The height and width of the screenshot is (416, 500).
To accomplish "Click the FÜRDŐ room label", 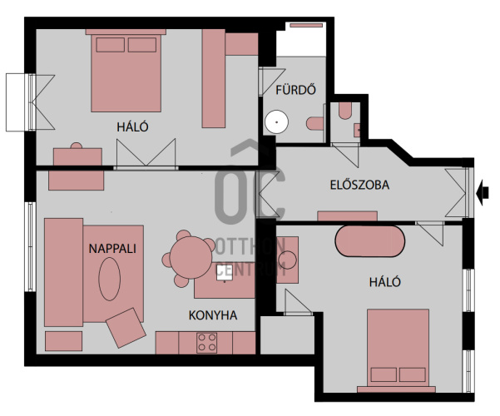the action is pyautogui.click(x=295, y=90).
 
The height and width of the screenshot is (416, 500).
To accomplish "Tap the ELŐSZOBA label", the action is pyautogui.click(x=359, y=185).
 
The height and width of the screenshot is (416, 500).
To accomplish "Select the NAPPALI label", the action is pyautogui.click(x=112, y=249).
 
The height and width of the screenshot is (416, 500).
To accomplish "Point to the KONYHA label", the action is pyautogui.click(x=213, y=315).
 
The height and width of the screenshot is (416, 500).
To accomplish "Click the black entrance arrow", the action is pyautogui.click(x=483, y=192).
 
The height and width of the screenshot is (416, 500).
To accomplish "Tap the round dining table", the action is pyautogui.click(x=191, y=257).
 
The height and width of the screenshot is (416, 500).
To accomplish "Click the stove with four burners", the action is pyautogui.click(x=206, y=343).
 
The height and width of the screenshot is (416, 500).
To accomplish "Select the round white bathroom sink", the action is pyautogui.click(x=276, y=121).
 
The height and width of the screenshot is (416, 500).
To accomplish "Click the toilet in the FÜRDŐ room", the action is pyautogui.click(x=315, y=123).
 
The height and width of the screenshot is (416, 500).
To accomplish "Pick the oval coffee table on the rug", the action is pyautogui.click(x=109, y=279).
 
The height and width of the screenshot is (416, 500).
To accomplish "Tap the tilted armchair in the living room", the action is pyautogui.click(x=126, y=328).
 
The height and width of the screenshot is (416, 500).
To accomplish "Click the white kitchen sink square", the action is pyautogui.click(x=225, y=272).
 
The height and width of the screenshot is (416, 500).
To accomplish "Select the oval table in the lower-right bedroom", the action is pyautogui.click(x=370, y=241).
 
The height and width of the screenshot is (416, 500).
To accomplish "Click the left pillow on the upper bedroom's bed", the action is pyautogui.click(x=111, y=45).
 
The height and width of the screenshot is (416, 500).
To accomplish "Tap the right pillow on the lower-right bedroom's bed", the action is pyautogui.click(x=413, y=374).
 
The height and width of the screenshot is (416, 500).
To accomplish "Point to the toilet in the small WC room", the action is pyautogui.click(x=345, y=111).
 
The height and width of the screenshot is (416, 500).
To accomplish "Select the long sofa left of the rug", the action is pyautogui.click(x=64, y=272).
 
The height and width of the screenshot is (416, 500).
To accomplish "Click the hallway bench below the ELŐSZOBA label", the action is pyautogui.click(x=348, y=216).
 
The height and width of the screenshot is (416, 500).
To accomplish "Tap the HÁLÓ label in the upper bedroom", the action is pyautogui.click(x=132, y=127).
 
